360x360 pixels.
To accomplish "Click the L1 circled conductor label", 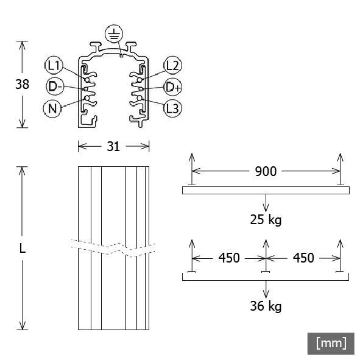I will (x=54, y=65).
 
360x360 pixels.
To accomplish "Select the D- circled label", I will (x=55, y=86).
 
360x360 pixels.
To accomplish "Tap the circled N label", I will (x=52, y=108).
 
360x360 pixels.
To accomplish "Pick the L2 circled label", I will (x=172, y=65).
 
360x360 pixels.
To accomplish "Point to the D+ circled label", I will (x=173, y=86).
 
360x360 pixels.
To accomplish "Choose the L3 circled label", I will (x=172, y=108).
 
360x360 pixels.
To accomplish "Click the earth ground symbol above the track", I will (x=113, y=34).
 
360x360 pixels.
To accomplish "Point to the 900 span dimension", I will (x=265, y=171).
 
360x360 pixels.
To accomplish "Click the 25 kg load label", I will (x=266, y=219).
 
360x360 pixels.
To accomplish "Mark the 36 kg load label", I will (x=266, y=305).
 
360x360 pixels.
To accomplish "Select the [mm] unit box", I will (x=331, y=343).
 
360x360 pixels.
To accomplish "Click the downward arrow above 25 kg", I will (x=266, y=202).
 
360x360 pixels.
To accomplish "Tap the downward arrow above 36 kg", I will (x=266, y=288).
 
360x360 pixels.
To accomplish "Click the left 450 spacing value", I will (x=229, y=258).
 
